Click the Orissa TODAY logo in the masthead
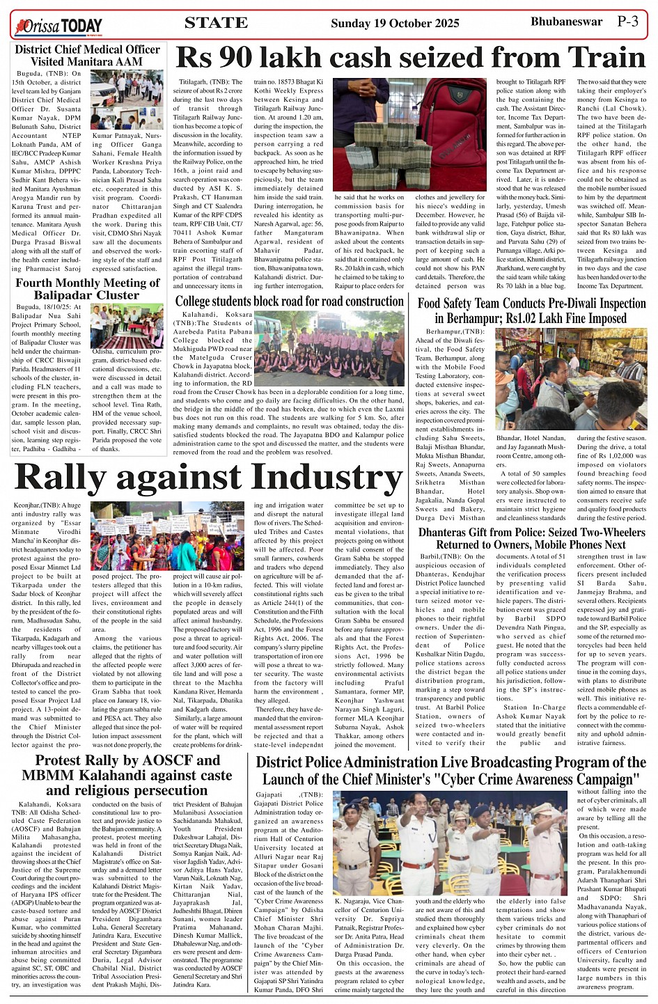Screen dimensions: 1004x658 (x=58, y=26)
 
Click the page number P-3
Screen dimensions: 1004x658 (x=627, y=22)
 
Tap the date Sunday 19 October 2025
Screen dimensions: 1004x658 (x=395, y=23)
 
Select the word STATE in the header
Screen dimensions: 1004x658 (x=216, y=23)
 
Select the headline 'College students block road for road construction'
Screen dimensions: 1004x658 (x=289, y=301)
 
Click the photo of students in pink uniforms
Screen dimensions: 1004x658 (x=328, y=348)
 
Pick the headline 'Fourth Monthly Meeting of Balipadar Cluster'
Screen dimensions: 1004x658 (x=88, y=289)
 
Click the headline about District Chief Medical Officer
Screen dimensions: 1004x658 (x=88, y=56)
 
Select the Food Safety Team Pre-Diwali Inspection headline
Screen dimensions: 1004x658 (x=531, y=311)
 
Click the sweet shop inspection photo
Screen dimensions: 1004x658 (x=571, y=379)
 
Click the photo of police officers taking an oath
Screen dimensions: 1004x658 (x=449, y=842)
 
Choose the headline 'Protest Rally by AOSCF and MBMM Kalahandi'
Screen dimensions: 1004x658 (x=127, y=775)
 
